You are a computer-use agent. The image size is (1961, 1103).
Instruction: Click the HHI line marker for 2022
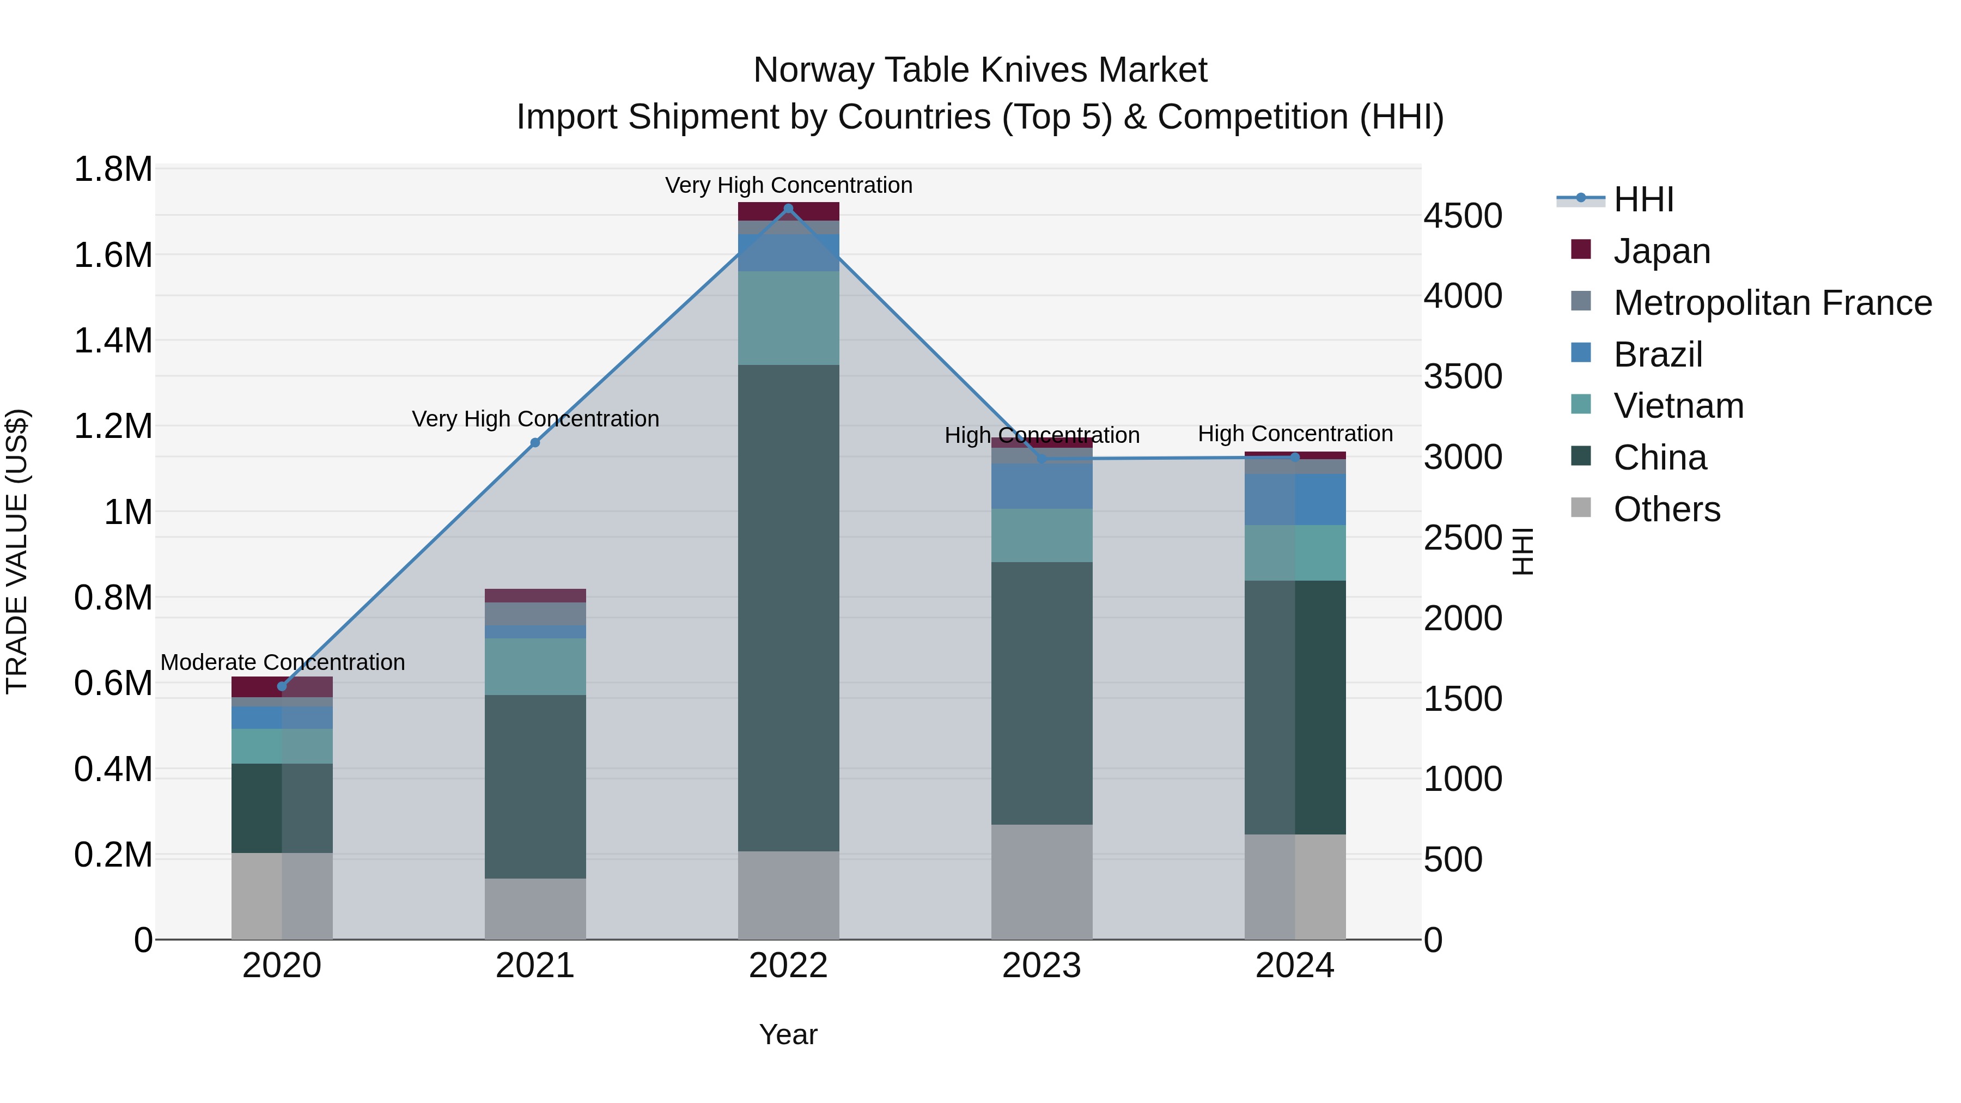(x=789, y=209)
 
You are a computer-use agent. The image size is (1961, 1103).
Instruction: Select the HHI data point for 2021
(x=535, y=442)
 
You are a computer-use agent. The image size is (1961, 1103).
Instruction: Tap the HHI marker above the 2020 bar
(x=282, y=686)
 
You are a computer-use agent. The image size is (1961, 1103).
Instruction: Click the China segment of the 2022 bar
(x=789, y=607)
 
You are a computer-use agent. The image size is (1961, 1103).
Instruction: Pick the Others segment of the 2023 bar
(x=1042, y=881)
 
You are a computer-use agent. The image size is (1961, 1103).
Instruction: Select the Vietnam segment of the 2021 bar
(x=535, y=666)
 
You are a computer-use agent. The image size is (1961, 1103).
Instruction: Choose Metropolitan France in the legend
(x=1772, y=303)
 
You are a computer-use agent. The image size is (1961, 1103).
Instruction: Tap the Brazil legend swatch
(x=1581, y=353)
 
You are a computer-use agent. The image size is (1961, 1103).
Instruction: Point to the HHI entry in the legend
(x=1643, y=199)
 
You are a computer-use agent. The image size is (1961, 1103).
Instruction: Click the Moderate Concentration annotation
(x=282, y=662)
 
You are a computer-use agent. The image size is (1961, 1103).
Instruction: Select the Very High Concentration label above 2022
(x=789, y=185)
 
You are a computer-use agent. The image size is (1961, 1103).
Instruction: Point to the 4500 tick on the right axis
(x=1463, y=216)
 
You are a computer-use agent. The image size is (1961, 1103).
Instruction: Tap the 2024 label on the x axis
(x=1294, y=966)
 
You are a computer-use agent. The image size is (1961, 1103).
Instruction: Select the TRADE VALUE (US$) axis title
(x=17, y=551)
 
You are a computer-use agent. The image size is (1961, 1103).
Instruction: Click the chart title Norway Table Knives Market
(x=980, y=70)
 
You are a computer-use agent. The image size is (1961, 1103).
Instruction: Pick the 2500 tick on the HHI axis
(x=1463, y=538)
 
